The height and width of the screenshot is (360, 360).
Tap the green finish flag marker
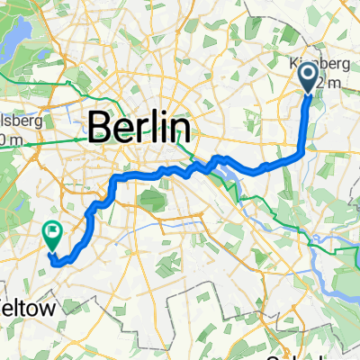click(x=52, y=236)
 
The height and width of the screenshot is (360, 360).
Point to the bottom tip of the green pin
click(x=52, y=249)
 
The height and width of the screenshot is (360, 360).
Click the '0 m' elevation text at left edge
click(x=9, y=139)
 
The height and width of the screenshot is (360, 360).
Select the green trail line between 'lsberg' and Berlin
click(x=63, y=140)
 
